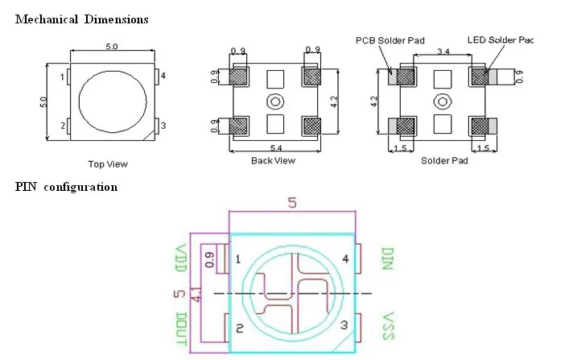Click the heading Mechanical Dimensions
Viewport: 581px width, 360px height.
81,19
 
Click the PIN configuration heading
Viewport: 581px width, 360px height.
66,187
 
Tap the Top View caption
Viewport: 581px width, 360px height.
108,164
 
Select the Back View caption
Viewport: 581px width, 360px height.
273,160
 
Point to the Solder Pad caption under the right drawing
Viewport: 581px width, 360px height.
444,160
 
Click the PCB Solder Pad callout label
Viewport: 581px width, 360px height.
390,40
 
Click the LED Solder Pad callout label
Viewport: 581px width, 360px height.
501,39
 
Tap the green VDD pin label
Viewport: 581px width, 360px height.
180,259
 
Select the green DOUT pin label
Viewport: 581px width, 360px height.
181,329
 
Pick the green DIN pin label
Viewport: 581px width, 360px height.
387,259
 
